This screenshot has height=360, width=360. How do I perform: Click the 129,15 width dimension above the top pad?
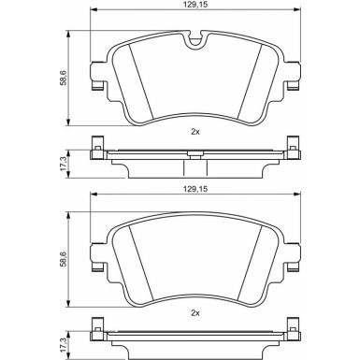194,7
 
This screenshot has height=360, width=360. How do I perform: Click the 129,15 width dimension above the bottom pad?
194,187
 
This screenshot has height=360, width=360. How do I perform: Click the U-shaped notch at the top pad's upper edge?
195,40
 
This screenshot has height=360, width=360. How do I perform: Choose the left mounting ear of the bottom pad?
95,264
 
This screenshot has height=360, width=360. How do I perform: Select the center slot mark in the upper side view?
194,156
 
